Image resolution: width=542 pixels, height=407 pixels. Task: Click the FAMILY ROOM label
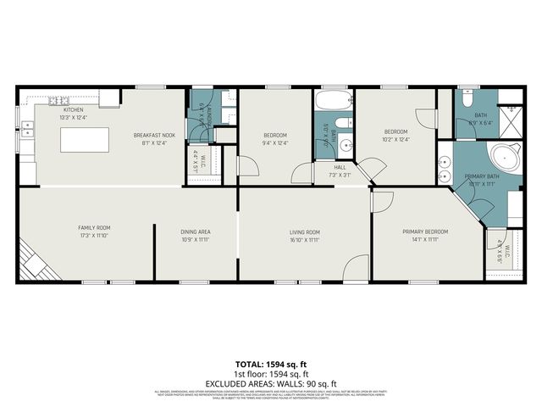pyautogui.click(x=94, y=228)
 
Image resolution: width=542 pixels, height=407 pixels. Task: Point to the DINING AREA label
pyautogui.click(x=195, y=231)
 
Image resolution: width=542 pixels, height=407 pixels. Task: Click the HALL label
pyautogui.click(x=340, y=168)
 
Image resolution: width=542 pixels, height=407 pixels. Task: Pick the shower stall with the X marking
pyautogui.click(x=511, y=116)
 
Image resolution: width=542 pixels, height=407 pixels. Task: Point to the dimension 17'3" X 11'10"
pyautogui.click(x=94, y=237)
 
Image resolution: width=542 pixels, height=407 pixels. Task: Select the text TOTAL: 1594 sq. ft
pyautogui.click(x=271, y=365)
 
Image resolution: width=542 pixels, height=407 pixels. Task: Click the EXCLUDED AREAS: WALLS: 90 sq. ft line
pyautogui.click(x=271, y=383)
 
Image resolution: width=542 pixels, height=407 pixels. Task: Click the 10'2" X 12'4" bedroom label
pyautogui.click(x=396, y=139)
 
